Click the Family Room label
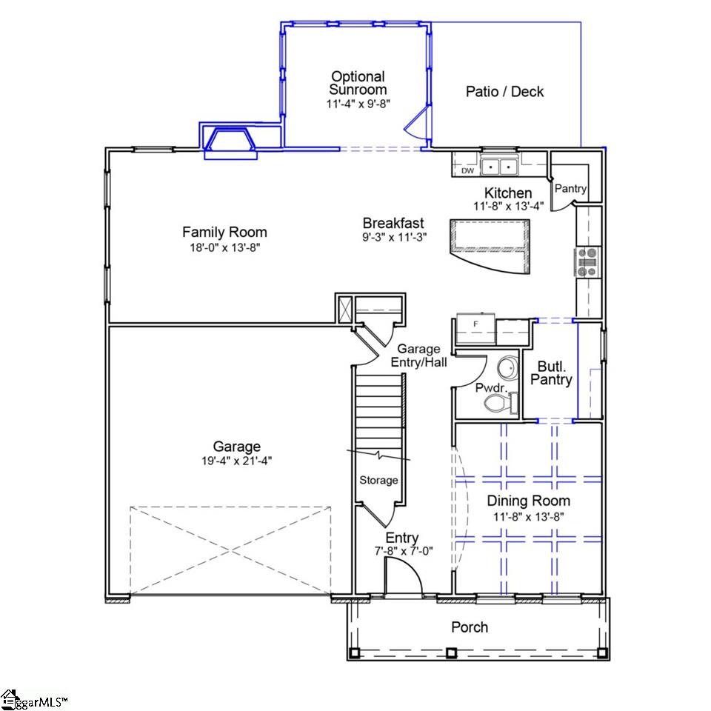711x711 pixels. pos(224,232)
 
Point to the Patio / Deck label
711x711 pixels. pos(504,92)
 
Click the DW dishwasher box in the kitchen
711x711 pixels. pos(467,170)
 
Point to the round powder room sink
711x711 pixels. pos(507,367)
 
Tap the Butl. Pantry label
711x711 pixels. pos(555,373)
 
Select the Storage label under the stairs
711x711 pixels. pos(378,480)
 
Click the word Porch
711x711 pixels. pos(470,627)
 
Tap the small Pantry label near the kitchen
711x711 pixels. pos(570,189)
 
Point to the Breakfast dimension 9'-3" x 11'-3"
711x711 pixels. pos(393,238)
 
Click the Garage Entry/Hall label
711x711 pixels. pos(418,355)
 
